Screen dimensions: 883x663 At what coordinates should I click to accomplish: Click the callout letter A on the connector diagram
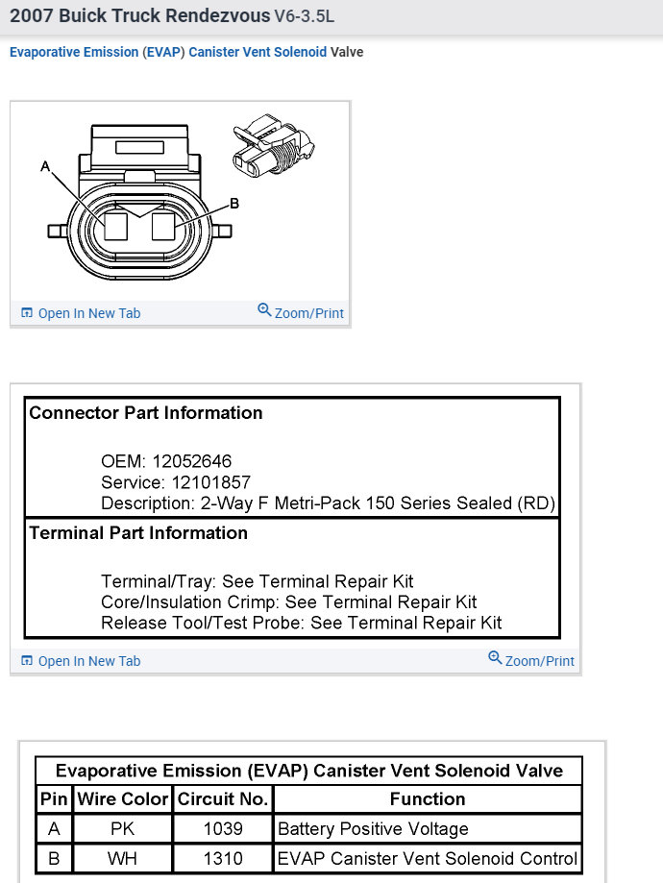(x=44, y=166)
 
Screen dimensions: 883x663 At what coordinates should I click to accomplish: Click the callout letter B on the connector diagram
(x=233, y=204)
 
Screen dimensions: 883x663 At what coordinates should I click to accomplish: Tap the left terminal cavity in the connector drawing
(x=116, y=228)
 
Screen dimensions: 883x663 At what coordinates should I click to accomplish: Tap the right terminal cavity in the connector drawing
(x=163, y=228)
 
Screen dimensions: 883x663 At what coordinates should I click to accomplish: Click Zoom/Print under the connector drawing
(x=301, y=312)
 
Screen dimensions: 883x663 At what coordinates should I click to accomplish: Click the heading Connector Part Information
(x=145, y=413)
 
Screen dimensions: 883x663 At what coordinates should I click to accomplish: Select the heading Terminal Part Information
(x=138, y=533)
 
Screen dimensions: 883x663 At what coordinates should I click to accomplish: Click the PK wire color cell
(x=122, y=828)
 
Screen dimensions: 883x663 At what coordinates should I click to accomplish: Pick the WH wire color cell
(x=122, y=858)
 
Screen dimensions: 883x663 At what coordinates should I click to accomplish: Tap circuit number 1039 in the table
(x=222, y=828)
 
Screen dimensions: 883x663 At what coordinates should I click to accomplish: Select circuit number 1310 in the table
(x=222, y=858)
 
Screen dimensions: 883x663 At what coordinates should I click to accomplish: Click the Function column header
(x=428, y=799)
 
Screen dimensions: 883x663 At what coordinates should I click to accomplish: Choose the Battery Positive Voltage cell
(x=373, y=828)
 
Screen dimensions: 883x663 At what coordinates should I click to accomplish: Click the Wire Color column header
(x=122, y=799)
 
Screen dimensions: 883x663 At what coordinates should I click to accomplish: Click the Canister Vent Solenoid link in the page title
(x=258, y=52)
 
